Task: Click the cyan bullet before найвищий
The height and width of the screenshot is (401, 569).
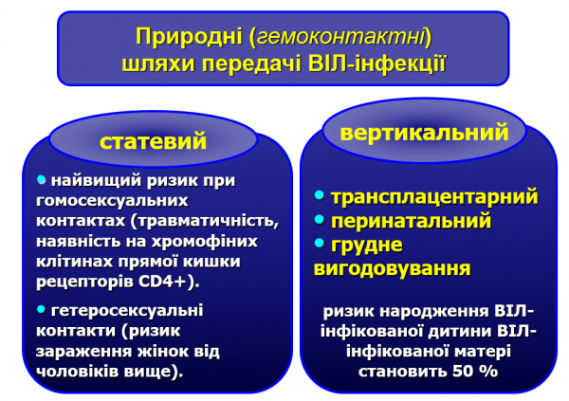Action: click(41, 178)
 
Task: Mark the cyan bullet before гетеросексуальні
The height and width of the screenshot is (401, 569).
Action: click(41, 308)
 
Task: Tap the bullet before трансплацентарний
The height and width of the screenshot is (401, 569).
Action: click(320, 196)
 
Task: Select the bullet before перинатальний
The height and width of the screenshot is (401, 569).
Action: click(320, 220)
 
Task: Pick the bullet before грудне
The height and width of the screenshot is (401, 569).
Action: click(320, 244)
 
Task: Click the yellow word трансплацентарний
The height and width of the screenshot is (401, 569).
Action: click(434, 197)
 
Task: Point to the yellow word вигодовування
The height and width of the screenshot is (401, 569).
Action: click(392, 268)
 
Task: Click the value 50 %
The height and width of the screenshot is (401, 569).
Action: click(475, 371)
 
